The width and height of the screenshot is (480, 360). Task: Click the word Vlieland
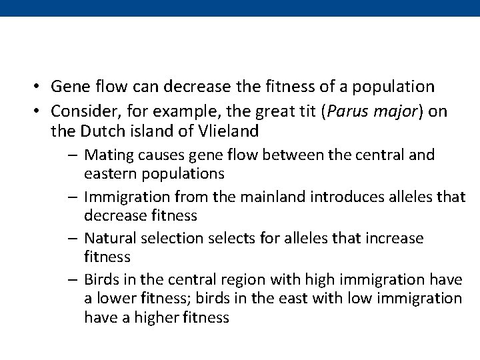click(x=230, y=131)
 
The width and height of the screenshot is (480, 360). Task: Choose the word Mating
click(x=109, y=156)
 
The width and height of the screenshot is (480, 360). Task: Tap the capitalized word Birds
click(x=103, y=280)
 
